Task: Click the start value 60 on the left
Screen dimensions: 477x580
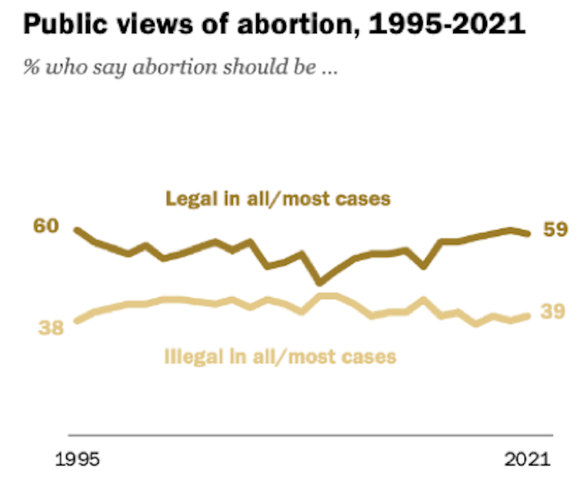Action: tap(46, 226)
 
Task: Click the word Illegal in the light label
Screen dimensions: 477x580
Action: tap(187, 356)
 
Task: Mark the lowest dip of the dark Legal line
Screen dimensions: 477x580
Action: tap(320, 282)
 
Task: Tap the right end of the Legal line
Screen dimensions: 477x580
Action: tap(528, 234)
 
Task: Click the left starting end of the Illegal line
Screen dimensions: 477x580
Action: tap(76, 321)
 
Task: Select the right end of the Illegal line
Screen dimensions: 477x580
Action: tap(528, 315)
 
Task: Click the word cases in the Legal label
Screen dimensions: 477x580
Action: tap(363, 199)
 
